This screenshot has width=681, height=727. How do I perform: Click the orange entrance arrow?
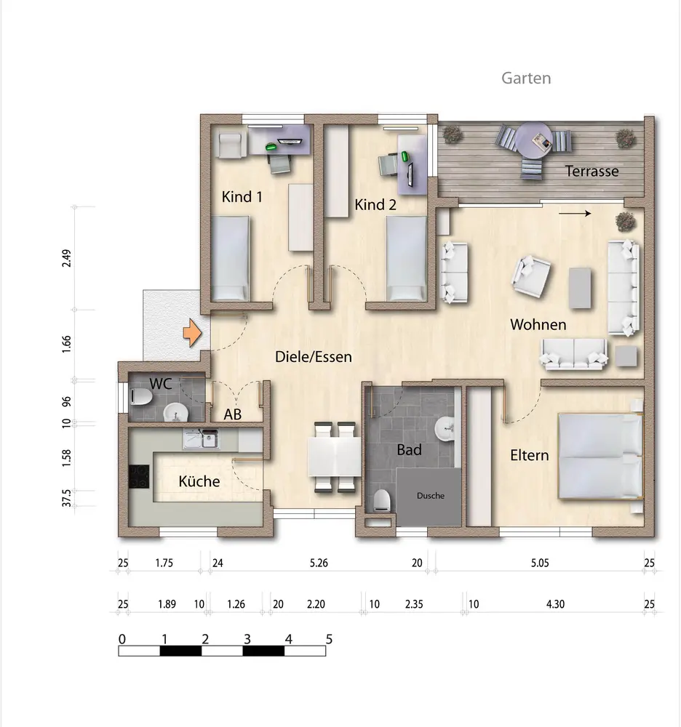pyautogui.click(x=192, y=333)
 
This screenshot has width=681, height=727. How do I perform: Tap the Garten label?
pyautogui.click(x=526, y=79)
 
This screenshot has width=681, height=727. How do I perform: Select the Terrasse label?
pyautogui.click(x=592, y=171)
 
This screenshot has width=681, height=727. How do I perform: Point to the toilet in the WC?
pyautogui.click(x=141, y=396)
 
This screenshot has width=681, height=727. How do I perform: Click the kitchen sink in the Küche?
pyautogui.click(x=202, y=438)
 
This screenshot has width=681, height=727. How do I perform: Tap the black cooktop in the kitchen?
pyautogui.click(x=139, y=476)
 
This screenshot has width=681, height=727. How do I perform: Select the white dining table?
pyautogui.click(x=335, y=457)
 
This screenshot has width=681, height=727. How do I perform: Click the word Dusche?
pyautogui.click(x=431, y=496)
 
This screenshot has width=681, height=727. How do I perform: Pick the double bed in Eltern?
pyautogui.click(x=601, y=457)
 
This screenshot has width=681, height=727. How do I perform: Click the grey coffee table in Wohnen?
pyautogui.click(x=580, y=288)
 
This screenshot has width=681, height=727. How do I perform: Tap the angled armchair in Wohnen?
pyautogui.click(x=531, y=276)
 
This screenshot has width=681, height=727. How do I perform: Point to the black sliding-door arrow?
pyautogui.click(x=575, y=213)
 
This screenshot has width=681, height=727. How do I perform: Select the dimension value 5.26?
pyautogui.click(x=319, y=563)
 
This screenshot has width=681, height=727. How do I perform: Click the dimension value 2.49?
pyautogui.click(x=67, y=258)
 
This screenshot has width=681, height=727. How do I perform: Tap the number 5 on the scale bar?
pyautogui.click(x=329, y=639)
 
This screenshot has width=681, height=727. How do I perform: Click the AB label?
pyautogui.click(x=232, y=414)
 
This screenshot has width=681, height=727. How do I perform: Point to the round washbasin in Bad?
pyautogui.click(x=445, y=427)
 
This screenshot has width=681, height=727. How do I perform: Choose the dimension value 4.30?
pyautogui.click(x=555, y=604)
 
